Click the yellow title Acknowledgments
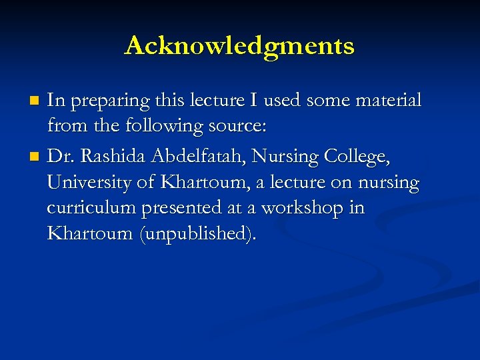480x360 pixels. click(239, 46)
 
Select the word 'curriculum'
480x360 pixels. click(91, 209)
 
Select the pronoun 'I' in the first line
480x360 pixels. click(254, 101)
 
